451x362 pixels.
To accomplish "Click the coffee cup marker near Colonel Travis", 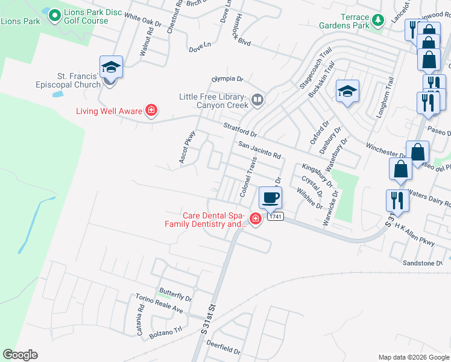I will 270,197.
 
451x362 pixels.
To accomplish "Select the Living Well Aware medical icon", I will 151,110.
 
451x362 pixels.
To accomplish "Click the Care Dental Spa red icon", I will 256,218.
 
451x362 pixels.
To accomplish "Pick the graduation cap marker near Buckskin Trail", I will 347,92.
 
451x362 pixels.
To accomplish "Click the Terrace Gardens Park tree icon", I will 379,21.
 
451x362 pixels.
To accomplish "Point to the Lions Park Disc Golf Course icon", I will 54,14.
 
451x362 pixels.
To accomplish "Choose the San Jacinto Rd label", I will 259,150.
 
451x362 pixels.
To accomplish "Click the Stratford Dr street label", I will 240,130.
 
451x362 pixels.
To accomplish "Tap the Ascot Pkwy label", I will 187,147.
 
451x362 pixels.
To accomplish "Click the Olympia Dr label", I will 227,79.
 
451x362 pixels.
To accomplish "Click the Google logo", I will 20,355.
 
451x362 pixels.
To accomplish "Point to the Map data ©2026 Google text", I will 414,357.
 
